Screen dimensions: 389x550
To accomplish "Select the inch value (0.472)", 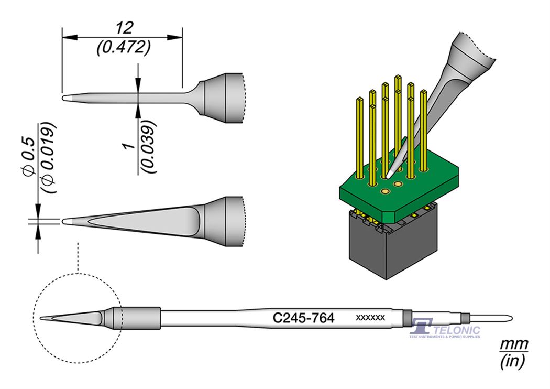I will point(124,48).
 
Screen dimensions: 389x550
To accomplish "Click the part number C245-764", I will point(304,318).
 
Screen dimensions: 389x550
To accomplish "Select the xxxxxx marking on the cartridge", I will point(370,318).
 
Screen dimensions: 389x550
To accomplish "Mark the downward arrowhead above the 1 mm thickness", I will point(138,89).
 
